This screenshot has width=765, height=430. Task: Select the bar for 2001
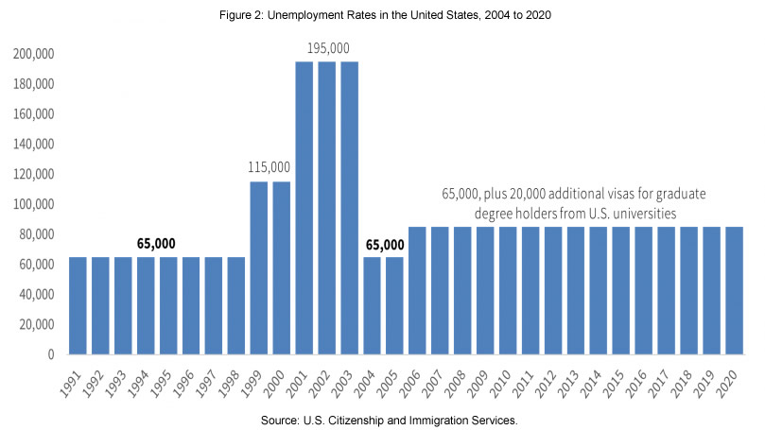[x=304, y=208]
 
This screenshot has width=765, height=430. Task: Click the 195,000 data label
[x=327, y=47]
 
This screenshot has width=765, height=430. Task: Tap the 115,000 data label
[x=270, y=167]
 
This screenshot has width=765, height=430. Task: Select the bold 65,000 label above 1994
[x=156, y=243]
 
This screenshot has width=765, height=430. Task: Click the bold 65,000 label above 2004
[x=383, y=243]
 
